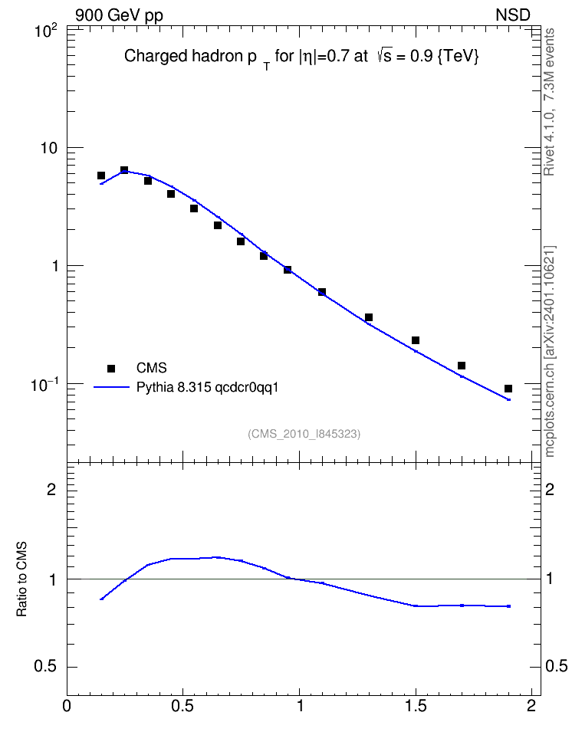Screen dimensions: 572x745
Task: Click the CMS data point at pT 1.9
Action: [508, 389]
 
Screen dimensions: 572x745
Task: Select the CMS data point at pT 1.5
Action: [416, 340]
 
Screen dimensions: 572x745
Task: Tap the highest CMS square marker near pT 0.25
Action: [124, 170]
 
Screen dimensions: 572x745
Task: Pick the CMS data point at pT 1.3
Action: [369, 317]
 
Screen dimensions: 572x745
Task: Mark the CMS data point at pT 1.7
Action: [462, 366]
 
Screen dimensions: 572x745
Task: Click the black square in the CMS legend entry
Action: [111, 368]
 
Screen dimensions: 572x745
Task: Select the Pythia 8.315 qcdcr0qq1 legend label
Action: [207, 388]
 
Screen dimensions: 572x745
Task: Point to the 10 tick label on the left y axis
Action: [48, 148]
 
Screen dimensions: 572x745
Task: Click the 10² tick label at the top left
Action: [46, 31]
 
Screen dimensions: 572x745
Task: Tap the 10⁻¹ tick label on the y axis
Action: [44, 384]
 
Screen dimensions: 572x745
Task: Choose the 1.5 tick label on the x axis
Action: [416, 706]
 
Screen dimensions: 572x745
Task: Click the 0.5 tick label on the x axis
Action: [183, 706]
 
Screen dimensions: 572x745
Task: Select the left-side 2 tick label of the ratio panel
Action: [51, 489]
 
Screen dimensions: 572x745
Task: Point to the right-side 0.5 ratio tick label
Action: [557, 667]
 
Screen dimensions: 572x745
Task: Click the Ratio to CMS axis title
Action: [22, 579]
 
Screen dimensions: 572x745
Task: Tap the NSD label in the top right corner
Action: [512, 15]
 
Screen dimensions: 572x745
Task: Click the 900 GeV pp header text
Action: [119, 15]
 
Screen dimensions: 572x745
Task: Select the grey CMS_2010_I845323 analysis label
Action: [304, 434]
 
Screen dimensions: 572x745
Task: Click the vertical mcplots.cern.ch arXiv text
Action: [550, 352]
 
